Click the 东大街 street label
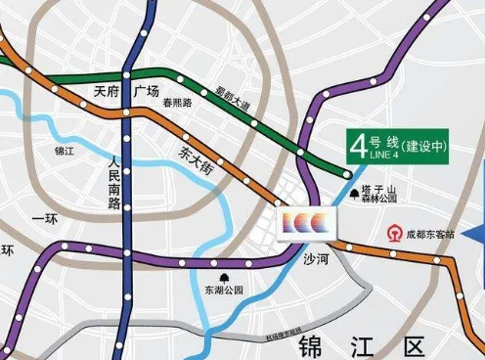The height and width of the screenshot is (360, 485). [x=197, y=157]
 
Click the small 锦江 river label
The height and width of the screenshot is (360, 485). [x=66, y=152]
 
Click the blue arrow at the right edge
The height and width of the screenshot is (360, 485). [x=476, y=234]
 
